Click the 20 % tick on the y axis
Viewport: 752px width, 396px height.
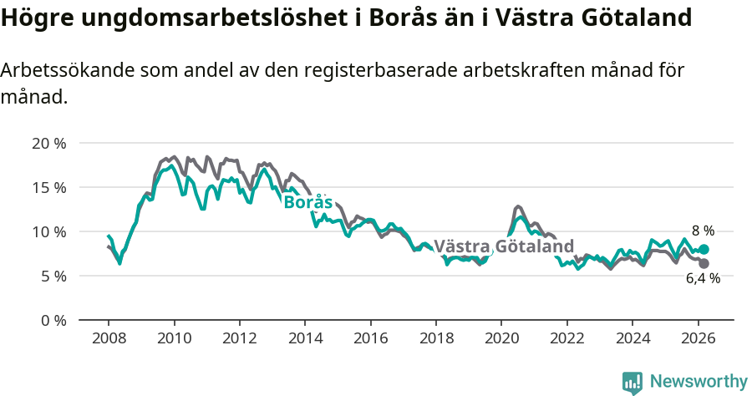pos(48,143)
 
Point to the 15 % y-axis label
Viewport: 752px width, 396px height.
pos(48,187)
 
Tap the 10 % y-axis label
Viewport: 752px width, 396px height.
pos(48,231)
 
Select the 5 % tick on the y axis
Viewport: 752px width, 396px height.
pos(52,276)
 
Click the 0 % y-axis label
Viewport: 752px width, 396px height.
pos(52,320)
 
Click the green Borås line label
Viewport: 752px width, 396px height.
pos(307,202)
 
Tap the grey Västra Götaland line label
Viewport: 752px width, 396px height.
pos(504,246)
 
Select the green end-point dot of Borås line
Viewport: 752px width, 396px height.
pos(704,249)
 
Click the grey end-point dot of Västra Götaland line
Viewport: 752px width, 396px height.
pos(704,263)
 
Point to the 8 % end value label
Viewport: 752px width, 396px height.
pos(703,230)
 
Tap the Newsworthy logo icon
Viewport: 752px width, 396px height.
pos(633,382)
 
